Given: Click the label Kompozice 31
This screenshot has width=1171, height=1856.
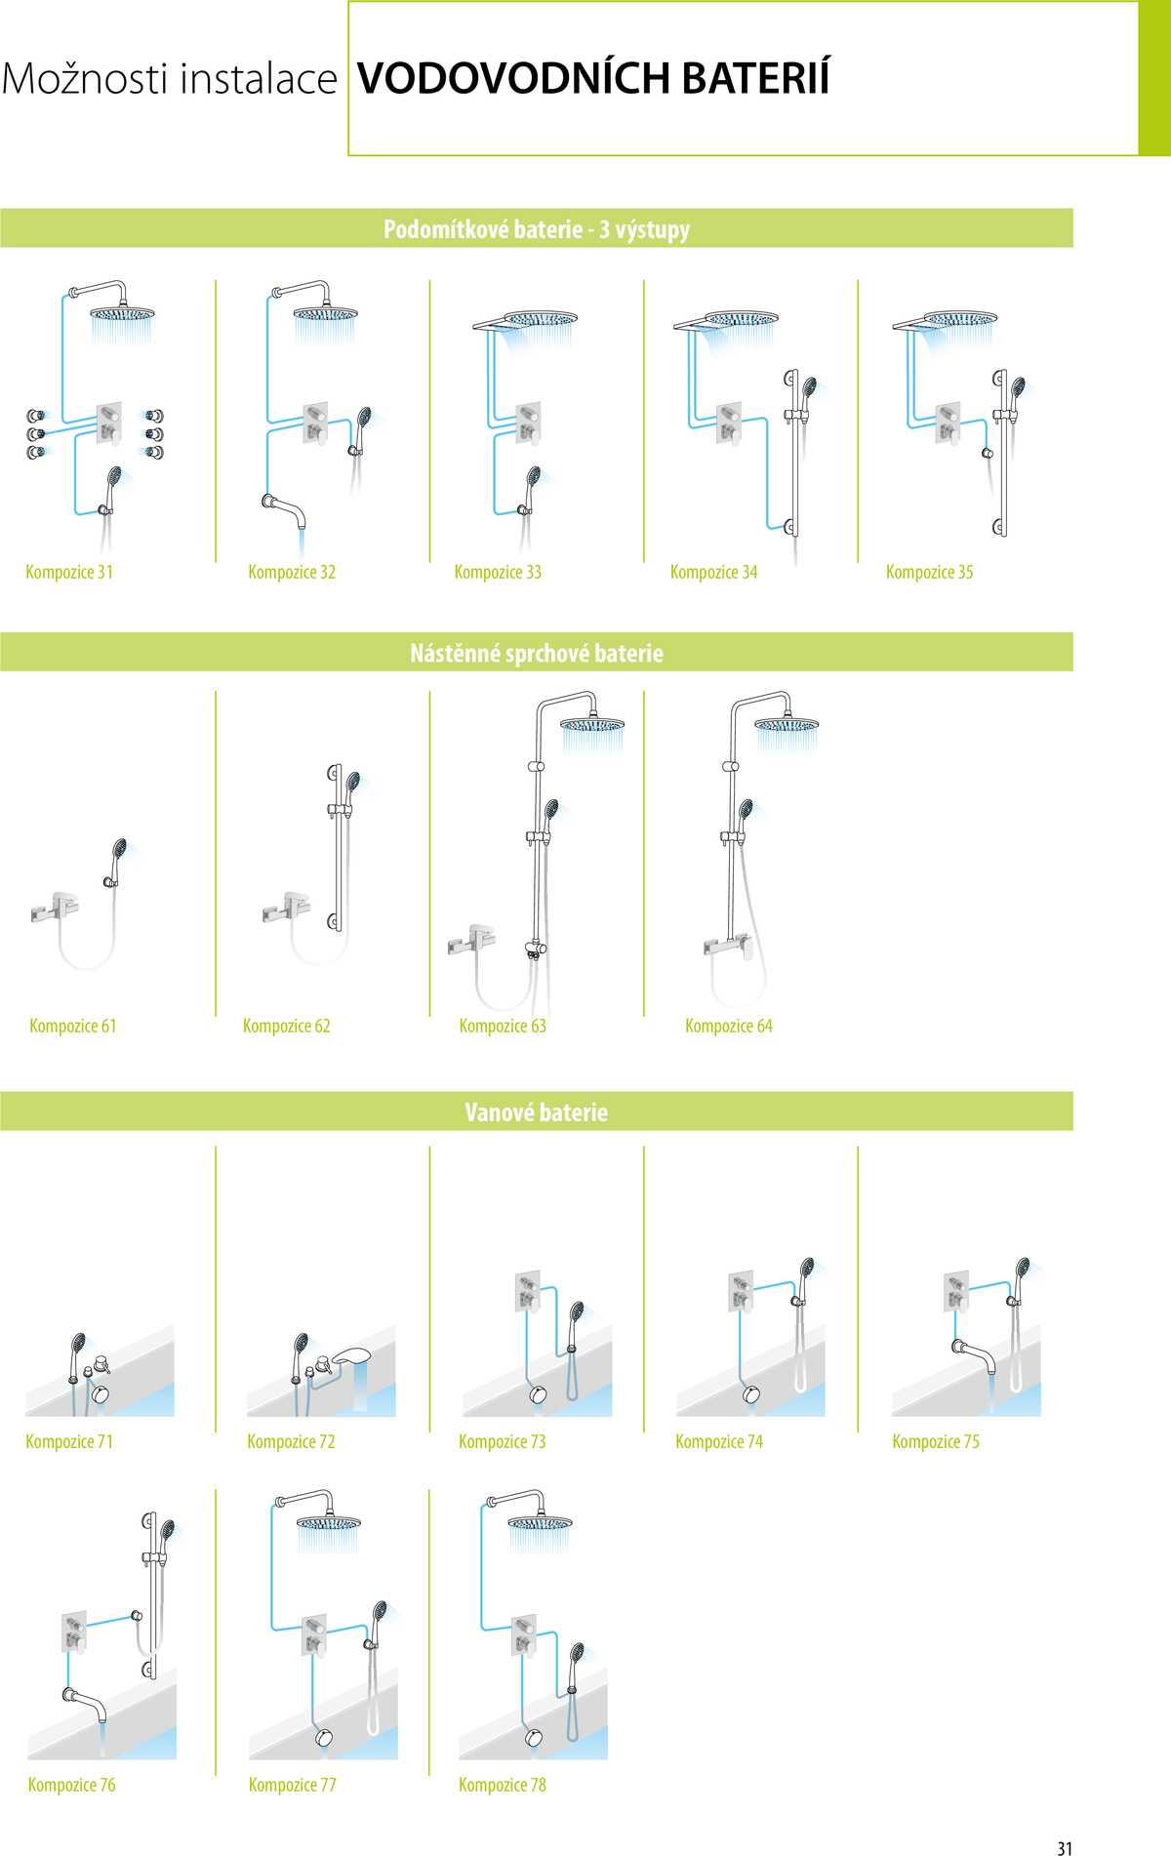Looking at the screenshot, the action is coord(69,573).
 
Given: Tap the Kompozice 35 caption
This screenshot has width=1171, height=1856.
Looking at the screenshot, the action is coord(929,573).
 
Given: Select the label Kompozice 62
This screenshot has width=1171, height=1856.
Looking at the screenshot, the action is coord(287,1026).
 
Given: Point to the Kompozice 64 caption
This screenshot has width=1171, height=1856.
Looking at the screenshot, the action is coord(729,1026).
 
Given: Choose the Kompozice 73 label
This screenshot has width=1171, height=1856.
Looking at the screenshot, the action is coord(503,1441).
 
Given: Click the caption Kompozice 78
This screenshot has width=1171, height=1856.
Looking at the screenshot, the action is coord(503,1785).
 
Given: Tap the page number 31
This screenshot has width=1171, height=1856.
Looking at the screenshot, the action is coord(1065,1847).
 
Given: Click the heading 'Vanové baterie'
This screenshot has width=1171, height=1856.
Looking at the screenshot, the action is coord(537,1112).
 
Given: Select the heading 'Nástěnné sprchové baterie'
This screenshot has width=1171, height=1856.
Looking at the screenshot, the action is coord(537,654).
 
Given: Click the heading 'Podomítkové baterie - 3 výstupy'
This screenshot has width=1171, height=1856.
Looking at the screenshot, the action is coord(537,229).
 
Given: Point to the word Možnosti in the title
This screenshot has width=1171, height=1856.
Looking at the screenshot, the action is coord(86,79).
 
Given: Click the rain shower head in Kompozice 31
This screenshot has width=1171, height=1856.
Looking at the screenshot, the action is coord(122,314).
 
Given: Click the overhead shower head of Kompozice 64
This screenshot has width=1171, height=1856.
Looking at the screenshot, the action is coord(787,724).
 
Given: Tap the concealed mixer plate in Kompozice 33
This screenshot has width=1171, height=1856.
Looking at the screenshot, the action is coord(528,423).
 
